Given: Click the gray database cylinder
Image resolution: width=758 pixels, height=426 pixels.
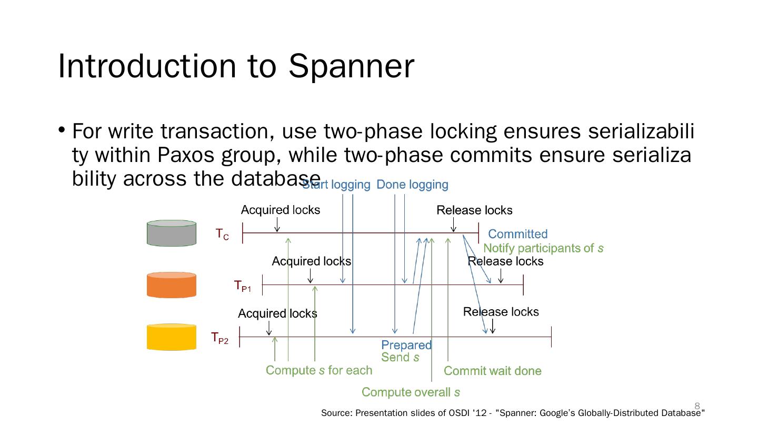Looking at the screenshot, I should pos(171,233).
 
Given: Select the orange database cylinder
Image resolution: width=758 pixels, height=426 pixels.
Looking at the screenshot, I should pos(171,285).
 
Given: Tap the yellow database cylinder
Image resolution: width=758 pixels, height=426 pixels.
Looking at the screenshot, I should pos(171,337).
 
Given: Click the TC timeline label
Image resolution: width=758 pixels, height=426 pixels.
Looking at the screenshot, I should pos(222,234).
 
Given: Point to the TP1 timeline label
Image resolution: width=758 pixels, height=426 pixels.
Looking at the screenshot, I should pos(242,286).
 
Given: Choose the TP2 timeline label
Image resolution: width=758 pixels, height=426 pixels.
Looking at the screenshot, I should pos(220,338).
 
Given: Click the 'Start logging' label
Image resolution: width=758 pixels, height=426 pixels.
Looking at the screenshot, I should pos(336,185).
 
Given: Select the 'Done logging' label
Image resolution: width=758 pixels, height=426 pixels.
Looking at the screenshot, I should pos(412,185).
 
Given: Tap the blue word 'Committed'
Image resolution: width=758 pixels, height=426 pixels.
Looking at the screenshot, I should pos(517,234).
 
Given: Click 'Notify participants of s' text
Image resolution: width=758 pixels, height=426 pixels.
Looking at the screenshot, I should pos(543,248).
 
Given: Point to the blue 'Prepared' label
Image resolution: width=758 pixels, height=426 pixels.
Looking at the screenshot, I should pos(406,345).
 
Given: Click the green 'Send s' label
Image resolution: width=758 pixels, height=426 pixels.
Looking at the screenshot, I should pos(400,358).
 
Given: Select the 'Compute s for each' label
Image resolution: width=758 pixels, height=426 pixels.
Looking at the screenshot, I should pos(318,370).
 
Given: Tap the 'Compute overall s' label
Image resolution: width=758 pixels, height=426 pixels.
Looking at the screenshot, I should pos(411,392).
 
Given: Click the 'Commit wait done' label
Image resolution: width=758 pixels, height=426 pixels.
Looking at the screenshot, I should pos(492,371).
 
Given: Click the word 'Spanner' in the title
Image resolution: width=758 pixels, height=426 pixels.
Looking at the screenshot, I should pos(351,66).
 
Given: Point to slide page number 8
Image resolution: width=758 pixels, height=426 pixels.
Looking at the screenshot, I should pos(697,405).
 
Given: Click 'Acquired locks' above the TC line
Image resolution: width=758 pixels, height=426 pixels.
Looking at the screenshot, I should pos(280,210).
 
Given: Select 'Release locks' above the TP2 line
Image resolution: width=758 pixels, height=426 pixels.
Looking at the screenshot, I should pos(501,312).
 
